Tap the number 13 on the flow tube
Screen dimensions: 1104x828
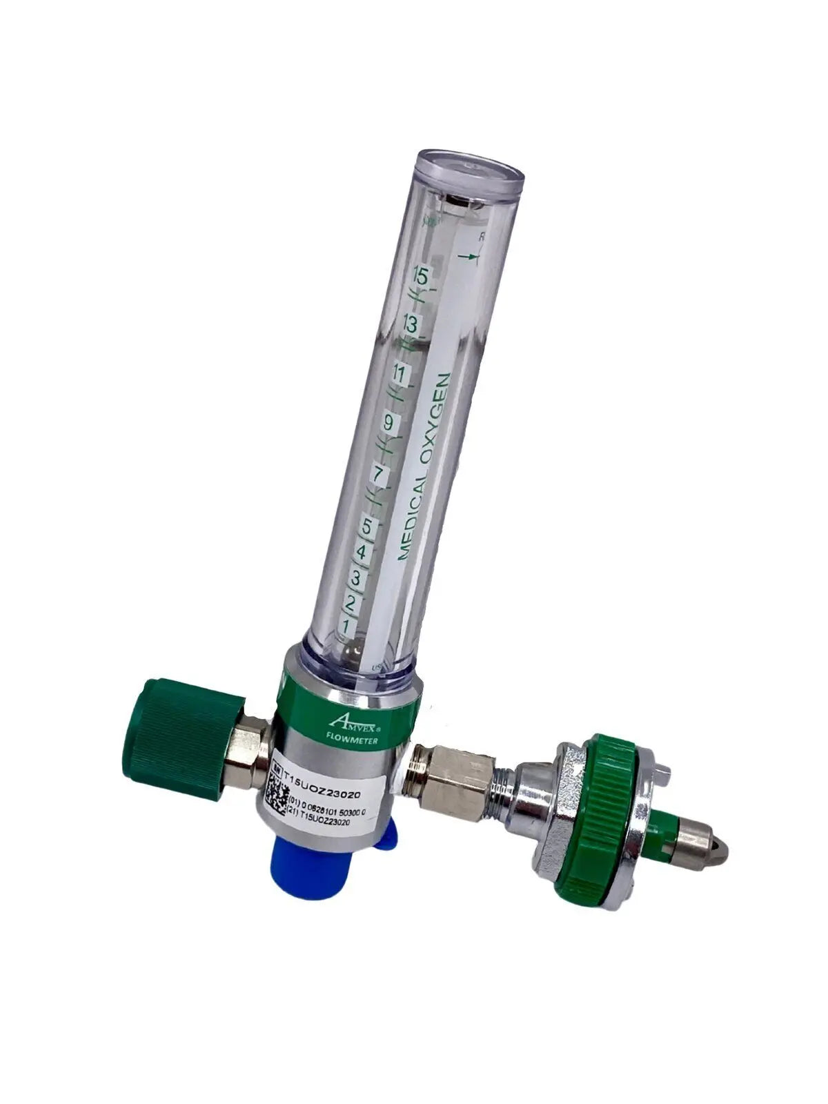click(x=411, y=324)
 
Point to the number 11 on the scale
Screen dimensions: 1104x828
click(x=398, y=375)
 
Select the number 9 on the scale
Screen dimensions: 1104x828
click(x=388, y=424)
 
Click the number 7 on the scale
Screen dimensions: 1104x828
click(x=377, y=475)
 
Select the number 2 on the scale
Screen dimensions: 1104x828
click(x=351, y=603)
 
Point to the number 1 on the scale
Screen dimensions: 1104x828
click(x=346, y=627)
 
